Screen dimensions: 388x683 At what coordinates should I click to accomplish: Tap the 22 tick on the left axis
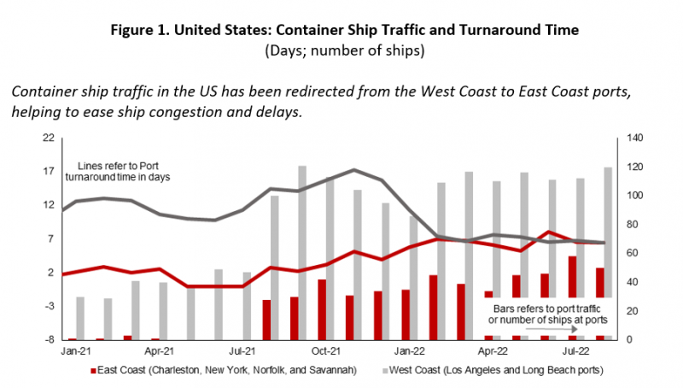pos(49,138)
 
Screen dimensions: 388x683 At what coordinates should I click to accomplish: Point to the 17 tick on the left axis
pos(49,171)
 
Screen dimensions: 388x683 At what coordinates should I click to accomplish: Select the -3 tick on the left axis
pos(49,306)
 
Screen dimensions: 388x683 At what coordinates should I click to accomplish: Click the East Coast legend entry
pos(219,371)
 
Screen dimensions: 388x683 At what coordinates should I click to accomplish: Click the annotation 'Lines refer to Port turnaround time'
pos(125,170)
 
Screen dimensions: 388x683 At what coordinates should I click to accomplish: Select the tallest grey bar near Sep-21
pos(302,252)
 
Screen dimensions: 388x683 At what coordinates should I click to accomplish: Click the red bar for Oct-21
pos(322,309)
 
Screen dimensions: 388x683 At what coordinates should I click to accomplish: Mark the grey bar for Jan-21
pos(80,318)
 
